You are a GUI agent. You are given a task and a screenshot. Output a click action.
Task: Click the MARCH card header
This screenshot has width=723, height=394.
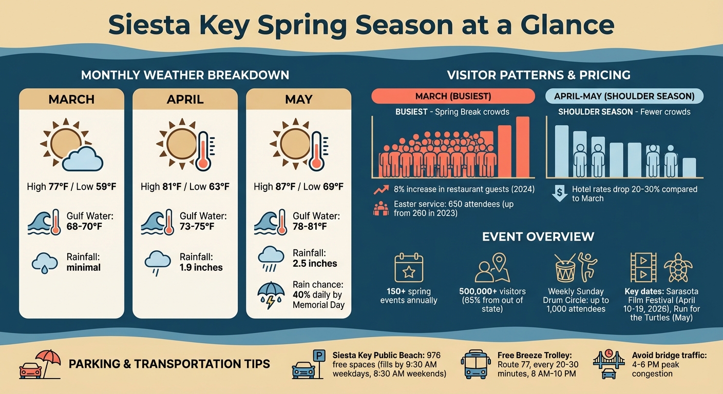pos(71,99)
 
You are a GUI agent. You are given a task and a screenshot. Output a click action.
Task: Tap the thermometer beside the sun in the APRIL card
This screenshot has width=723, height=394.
pos(204,151)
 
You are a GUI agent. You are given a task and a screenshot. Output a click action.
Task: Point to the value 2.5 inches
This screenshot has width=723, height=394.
pos(315,264)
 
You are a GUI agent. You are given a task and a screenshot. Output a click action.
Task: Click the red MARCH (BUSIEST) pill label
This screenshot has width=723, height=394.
pos(452,96)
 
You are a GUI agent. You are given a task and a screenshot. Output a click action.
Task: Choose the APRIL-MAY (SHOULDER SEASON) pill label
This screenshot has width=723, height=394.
pos(624,96)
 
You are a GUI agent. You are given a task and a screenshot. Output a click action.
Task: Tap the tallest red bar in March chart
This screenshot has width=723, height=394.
pos(522,147)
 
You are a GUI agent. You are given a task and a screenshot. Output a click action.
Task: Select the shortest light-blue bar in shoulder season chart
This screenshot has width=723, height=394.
pos(689,167)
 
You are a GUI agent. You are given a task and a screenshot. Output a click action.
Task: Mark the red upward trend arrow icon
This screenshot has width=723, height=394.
pos(380,190)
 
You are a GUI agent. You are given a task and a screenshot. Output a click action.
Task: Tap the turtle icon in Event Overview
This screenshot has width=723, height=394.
pos(678,268)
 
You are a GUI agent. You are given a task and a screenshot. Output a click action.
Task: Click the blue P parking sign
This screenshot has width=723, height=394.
pos(319,355)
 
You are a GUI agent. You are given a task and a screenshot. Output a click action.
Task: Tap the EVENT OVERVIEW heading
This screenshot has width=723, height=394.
pos(538,237)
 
